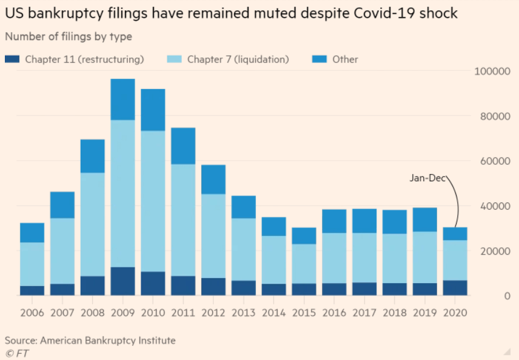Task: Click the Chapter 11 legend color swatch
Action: [x=13, y=59]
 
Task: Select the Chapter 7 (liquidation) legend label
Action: [x=238, y=59]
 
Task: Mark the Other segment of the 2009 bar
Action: [x=122, y=99]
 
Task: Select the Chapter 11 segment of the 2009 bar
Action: [x=122, y=281]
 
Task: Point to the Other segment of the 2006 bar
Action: [x=32, y=233]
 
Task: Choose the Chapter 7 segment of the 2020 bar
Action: [x=455, y=261]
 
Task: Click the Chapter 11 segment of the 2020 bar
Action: [x=455, y=288]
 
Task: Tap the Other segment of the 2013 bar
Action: [x=243, y=207]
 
